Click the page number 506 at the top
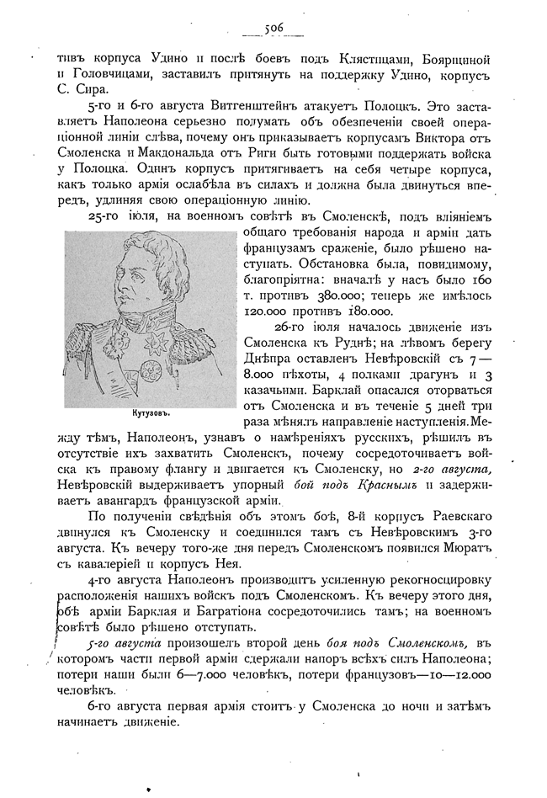273,28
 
